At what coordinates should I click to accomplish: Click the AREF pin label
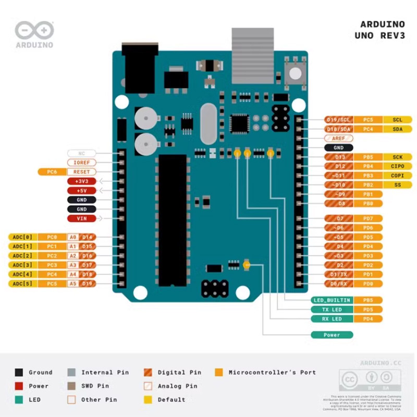click(x=338, y=139)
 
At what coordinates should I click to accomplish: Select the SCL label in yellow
click(x=398, y=120)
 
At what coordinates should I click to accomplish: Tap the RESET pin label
click(x=81, y=171)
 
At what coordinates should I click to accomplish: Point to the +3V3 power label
click(x=81, y=181)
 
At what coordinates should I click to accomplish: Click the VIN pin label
click(x=81, y=218)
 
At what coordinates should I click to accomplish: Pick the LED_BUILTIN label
click(x=332, y=300)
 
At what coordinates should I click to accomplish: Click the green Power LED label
click(x=332, y=335)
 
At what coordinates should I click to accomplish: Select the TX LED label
click(x=332, y=310)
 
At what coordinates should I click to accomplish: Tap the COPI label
click(x=398, y=176)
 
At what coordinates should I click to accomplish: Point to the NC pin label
click(x=81, y=153)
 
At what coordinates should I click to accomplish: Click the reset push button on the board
click(x=296, y=72)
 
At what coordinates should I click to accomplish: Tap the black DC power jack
click(x=140, y=68)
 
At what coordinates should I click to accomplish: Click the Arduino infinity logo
click(x=34, y=31)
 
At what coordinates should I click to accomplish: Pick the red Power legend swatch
click(x=19, y=386)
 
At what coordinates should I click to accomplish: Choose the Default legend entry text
click(x=171, y=400)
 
